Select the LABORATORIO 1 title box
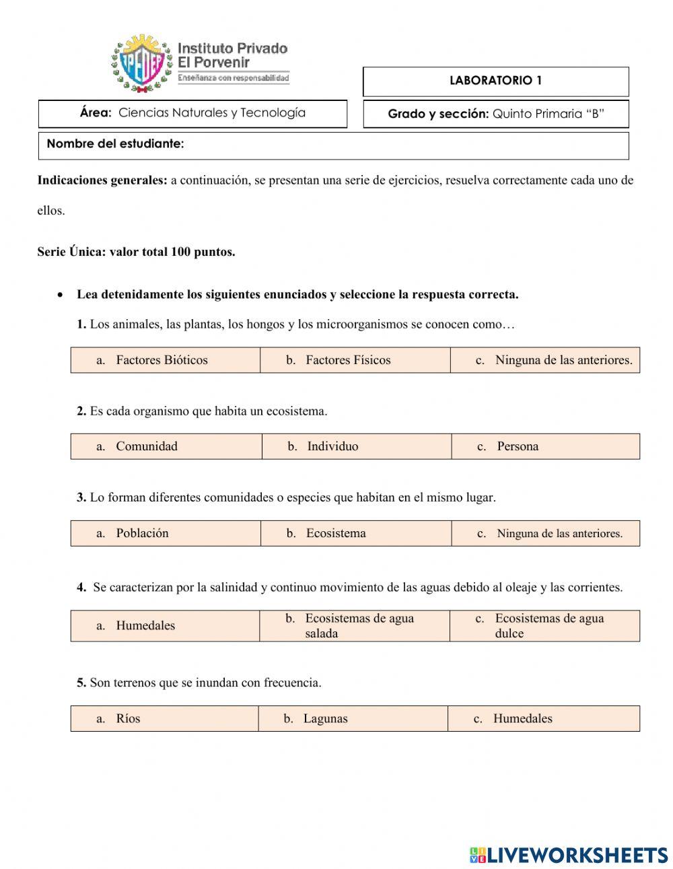point(495,81)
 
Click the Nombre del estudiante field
point(333,145)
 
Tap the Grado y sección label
point(438,114)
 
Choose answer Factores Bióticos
point(162,360)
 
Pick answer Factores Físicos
point(348,360)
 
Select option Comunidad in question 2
point(147,446)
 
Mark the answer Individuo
point(332,446)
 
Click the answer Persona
point(517,446)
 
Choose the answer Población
point(142,533)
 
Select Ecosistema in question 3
point(336,533)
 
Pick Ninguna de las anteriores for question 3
point(559,534)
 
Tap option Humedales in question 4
point(145,625)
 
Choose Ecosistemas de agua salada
point(359,625)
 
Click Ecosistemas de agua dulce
point(548,625)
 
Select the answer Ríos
point(128,719)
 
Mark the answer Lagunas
point(325,719)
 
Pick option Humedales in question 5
point(522,719)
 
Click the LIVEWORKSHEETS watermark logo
point(569,855)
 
